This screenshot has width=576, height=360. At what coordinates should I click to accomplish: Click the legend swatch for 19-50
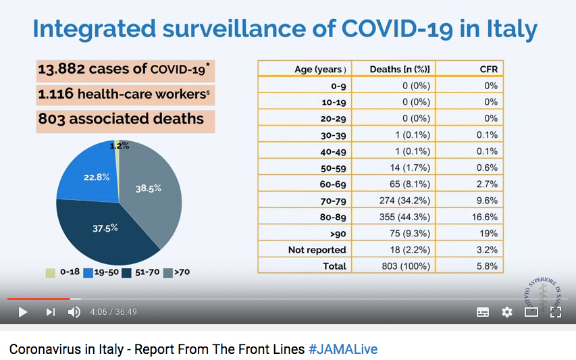click(x=88, y=272)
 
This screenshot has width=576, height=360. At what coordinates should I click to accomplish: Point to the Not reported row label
click(x=317, y=250)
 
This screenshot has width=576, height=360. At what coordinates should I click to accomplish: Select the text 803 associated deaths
click(x=121, y=119)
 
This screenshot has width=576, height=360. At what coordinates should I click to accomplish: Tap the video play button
click(x=23, y=312)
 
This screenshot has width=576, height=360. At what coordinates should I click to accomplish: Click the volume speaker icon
click(x=74, y=312)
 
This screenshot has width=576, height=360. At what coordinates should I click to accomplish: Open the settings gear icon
click(x=507, y=312)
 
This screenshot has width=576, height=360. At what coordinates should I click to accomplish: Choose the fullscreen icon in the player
click(x=556, y=312)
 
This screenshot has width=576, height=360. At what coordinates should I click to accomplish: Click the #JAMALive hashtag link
click(x=343, y=349)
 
